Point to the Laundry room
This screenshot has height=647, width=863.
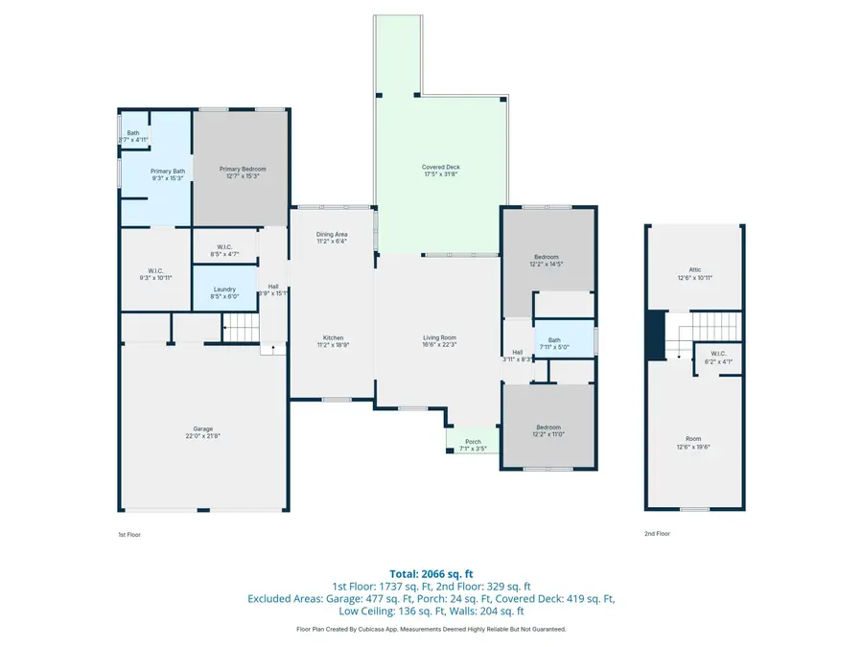pyautogui.click(x=225, y=292)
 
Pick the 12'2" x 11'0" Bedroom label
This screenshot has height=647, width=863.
pyautogui.click(x=548, y=430)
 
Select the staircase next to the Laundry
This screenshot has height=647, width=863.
pyautogui.click(x=242, y=331)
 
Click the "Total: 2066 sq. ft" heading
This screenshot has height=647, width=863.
pyautogui.click(x=431, y=571)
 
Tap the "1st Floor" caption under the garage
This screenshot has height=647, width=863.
pyautogui.click(x=129, y=534)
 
